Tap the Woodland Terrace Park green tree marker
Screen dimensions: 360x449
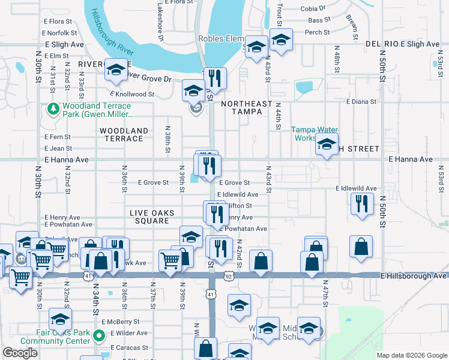tap(53, 109)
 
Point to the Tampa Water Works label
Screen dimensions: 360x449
tap(315, 134)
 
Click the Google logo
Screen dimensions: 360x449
tap(20, 353)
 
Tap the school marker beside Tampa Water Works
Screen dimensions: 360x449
tap(327, 145)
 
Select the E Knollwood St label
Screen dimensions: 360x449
tap(132, 94)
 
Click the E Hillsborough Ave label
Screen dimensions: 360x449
tap(414, 276)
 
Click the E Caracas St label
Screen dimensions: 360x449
tap(128, 347)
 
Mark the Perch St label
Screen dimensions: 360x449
tap(318, 32)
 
